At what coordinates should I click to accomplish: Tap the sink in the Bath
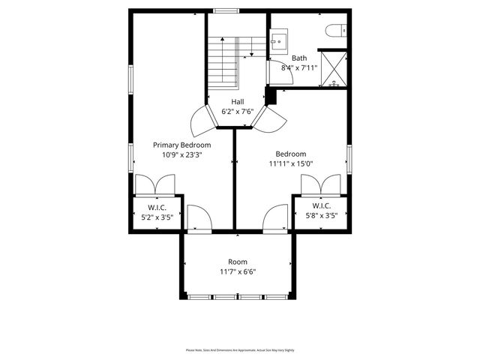coord(278,40)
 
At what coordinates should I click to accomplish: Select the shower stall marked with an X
coord(333,68)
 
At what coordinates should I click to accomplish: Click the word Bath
coord(299,58)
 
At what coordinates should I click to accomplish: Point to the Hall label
coord(237,102)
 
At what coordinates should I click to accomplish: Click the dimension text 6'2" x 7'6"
coord(237,112)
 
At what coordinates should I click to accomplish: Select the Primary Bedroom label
coord(181,145)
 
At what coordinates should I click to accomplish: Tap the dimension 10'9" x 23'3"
coord(181,154)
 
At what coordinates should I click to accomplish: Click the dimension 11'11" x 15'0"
coord(290,163)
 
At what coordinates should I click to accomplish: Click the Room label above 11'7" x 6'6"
coord(237,262)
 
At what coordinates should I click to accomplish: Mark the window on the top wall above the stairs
coord(225,10)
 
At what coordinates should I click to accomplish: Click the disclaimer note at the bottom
coord(239,349)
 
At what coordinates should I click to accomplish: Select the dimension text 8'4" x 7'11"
coord(299,67)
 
